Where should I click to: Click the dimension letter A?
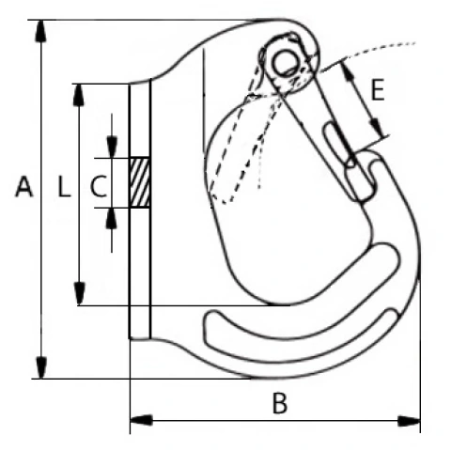pyautogui.click(x=24, y=187)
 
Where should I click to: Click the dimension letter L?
pyautogui.click(x=65, y=187)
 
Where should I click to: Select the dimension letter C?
pyautogui.click(x=99, y=187)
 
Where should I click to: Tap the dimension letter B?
pyautogui.click(x=279, y=403)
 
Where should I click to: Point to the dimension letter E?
pyautogui.click(x=377, y=89)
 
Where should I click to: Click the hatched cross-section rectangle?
pyautogui.click(x=140, y=182)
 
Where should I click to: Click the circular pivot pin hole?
pyautogui.click(x=285, y=62)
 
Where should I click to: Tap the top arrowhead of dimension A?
pyautogui.click(x=40, y=31)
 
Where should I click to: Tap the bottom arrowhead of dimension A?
pyautogui.click(x=40, y=367)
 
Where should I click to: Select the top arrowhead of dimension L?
pyautogui.click(x=79, y=95)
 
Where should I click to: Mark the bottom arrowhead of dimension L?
pyautogui.click(x=79, y=293)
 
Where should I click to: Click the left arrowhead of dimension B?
pyautogui.click(x=141, y=420)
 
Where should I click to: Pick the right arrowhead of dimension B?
pyautogui.click(x=409, y=421)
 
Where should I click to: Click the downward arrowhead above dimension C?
pyautogui.click(x=112, y=147)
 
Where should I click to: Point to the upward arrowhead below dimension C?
pyautogui.click(x=112, y=218)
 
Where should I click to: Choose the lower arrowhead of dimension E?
pyautogui.click(x=379, y=128)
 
